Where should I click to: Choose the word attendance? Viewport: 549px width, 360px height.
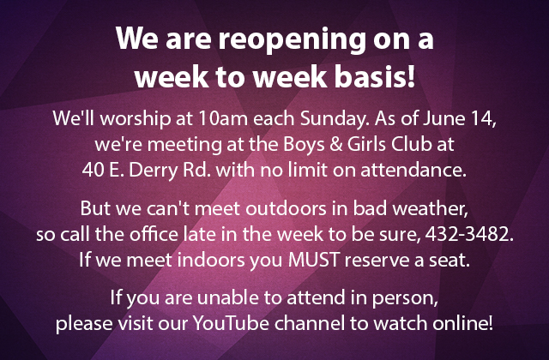(413, 169)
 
